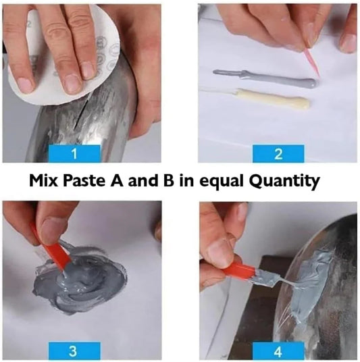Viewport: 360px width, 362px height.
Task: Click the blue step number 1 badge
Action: tap(75, 154)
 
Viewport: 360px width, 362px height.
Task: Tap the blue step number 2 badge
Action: tap(278, 154)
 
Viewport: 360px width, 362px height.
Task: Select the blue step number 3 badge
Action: tap(75, 351)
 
